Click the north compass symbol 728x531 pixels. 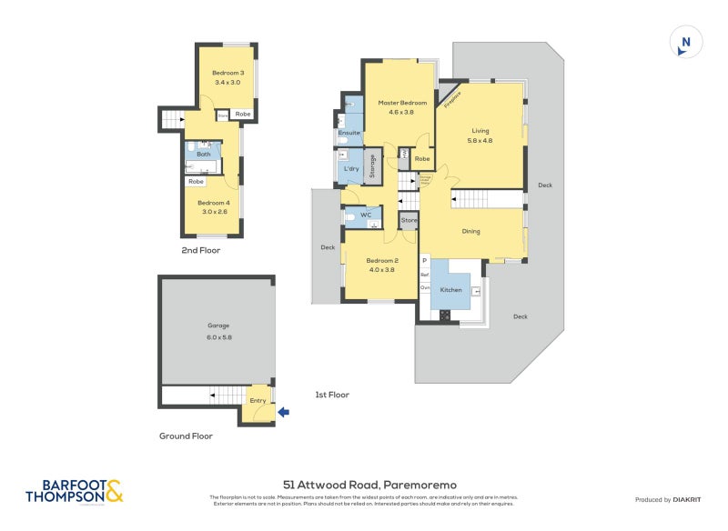click(x=685, y=43)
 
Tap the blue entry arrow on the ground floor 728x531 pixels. click(x=283, y=412)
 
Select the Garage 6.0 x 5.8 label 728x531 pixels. click(x=217, y=330)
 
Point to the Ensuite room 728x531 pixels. click(x=349, y=133)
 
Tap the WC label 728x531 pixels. click(x=366, y=215)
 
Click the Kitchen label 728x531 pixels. click(x=451, y=289)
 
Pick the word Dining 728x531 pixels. click(x=470, y=231)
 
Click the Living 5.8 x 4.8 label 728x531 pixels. click(x=480, y=135)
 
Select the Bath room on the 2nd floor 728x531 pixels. click(x=203, y=154)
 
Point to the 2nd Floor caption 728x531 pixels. click(x=200, y=250)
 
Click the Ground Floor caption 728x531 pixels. click(x=186, y=436)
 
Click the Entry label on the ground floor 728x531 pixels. click(x=258, y=401)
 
